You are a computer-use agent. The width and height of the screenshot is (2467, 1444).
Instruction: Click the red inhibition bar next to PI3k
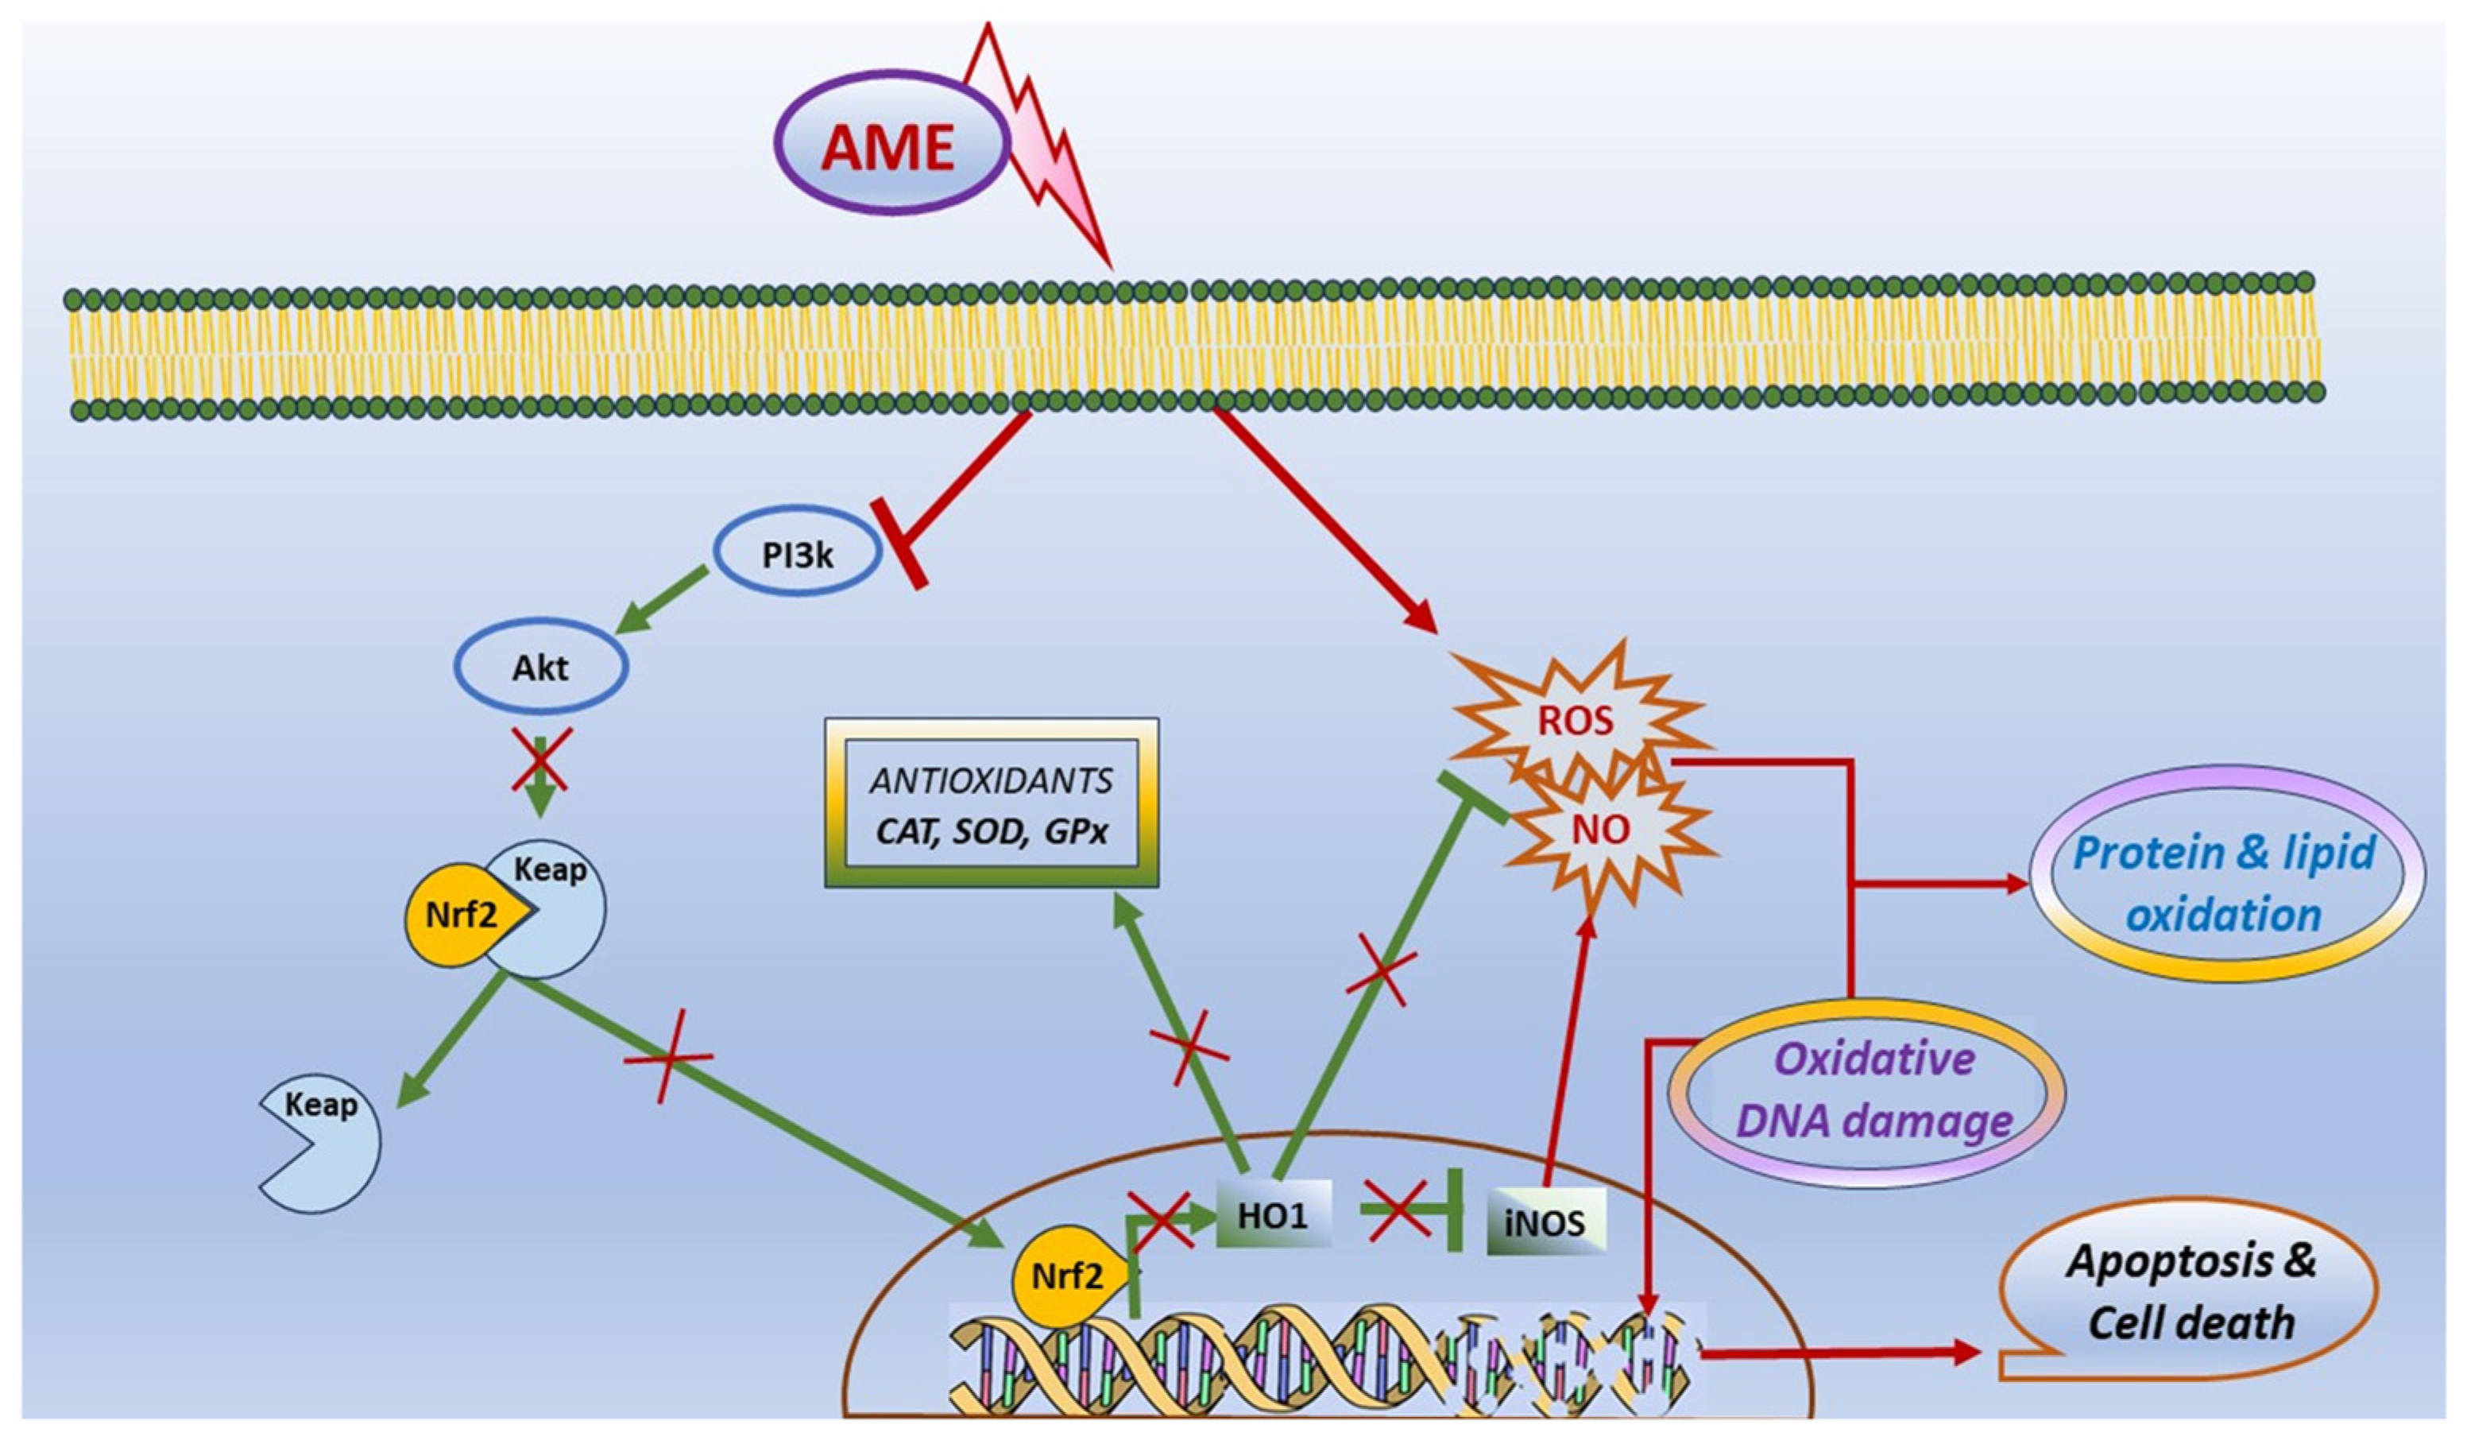point(899,544)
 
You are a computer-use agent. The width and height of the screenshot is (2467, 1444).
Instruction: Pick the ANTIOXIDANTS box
point(992,803)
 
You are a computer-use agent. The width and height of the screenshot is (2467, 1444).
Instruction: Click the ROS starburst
point(1574,722)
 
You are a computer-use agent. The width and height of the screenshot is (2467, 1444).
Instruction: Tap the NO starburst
point(1601,830)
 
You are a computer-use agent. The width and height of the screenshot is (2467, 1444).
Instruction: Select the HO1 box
point(1273,1214)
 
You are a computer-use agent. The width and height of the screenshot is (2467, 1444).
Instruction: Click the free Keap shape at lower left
point(323,1145)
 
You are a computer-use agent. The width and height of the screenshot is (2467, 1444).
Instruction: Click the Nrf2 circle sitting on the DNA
point(1067,1276)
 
